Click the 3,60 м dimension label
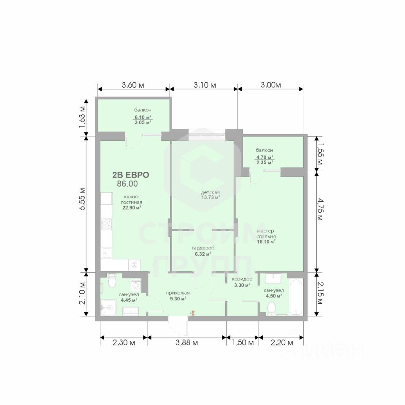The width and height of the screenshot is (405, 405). pyautogui.click(x=133, y=85)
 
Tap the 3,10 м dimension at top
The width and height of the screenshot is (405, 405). pyautogui.click(x=205, y=85)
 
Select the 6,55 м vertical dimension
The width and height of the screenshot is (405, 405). pyautogui.click(x=82, y=199)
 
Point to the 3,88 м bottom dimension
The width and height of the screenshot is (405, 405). pyautogui.click(x=187, y=343)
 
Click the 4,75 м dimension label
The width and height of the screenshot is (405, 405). pyautogui.click(x=320, y=209)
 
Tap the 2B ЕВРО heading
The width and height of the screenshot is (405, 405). pyautogui.click(x=131, y=175)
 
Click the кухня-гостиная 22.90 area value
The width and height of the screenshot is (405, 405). pyautogui.click(x=132, y=208)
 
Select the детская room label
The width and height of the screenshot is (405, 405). pyautogui.click(x=210, y=192)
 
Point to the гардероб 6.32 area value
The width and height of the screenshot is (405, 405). pyautogui.click(x=203, y=254)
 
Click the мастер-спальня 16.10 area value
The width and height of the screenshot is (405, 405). pyautogui.click(x=266, y=242)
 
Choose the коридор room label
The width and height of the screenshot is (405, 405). pyautogui.click(x=242, y=279)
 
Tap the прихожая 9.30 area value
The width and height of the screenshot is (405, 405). pyautogui.click(x=178, y=299)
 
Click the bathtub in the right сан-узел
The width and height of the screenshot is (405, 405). pyautogui.click(x=296, y=297)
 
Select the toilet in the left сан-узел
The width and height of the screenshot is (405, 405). pyautogui.click(x=112, y=281)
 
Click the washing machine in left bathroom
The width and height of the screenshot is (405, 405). pyautogui.click(x=136, y=285)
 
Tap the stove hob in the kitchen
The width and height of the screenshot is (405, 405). pyautogui.click(x=106, y=224)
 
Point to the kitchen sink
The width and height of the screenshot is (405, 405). pyautogui.click(x=106, y=253)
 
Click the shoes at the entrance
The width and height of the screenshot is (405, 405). pyautogui.click(x=192, y=313)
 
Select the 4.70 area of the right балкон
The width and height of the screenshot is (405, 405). pyautogui.click(x=265, y=157)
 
